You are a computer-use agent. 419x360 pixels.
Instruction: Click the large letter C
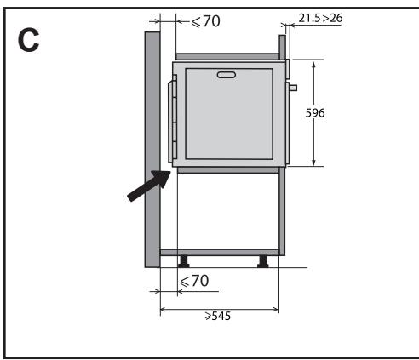(28, 41)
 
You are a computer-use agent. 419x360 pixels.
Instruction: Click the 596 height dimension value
(315, 113)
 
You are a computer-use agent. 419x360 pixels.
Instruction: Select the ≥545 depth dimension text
(218, 316)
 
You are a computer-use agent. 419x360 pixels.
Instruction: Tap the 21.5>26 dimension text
(320, 18)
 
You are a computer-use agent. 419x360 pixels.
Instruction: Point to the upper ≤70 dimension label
(206, 21)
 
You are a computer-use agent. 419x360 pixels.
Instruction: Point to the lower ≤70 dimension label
(194, 281)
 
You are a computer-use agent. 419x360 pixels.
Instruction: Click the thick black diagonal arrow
(148, 186)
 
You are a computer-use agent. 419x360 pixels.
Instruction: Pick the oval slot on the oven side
(227, 75)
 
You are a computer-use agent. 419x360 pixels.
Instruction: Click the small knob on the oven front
(293, 88)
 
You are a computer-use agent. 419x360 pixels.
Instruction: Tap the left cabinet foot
(183, 261)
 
